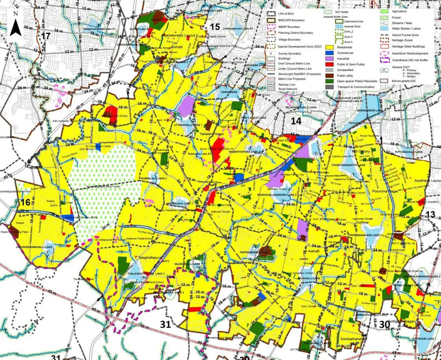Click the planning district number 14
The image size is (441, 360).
(x=296, y=121)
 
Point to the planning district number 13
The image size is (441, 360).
(x=431, y=214)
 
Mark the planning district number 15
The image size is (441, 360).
(x=215, y=27)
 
